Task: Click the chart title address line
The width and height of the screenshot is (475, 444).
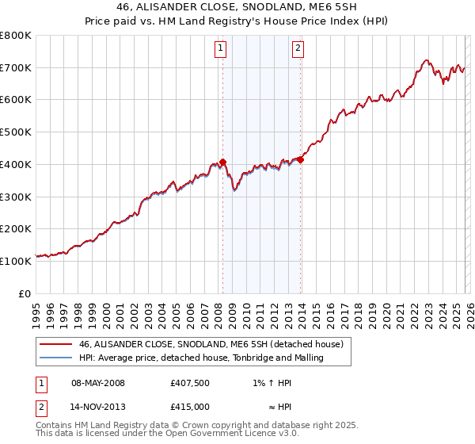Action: (x=237, y=7)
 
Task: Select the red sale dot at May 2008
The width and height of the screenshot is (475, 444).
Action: (x=222, y=162)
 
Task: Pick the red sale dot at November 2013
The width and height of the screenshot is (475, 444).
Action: (x=301, y=159)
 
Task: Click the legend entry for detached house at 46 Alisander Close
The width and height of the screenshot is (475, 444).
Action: (x=211, y=344)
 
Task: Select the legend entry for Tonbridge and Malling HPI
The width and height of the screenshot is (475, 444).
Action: (x=202, y=358)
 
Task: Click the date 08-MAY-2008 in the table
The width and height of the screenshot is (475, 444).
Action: (x=98, y=383)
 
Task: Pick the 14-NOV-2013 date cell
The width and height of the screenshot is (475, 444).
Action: (x=98, y=407)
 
